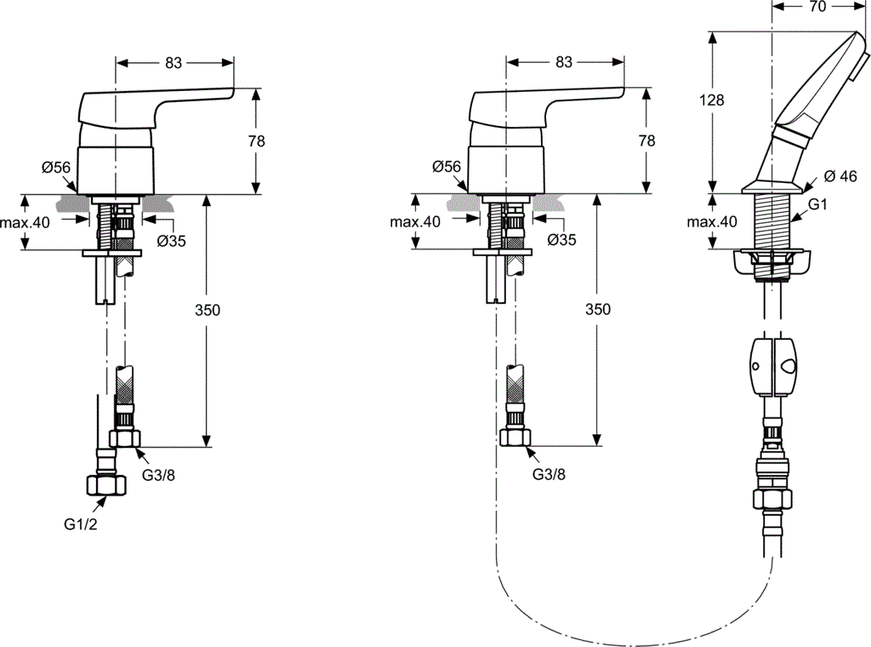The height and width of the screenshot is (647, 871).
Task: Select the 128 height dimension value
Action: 711,100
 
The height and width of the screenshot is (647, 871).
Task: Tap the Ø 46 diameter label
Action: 840,176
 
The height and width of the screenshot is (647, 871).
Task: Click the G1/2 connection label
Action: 81,524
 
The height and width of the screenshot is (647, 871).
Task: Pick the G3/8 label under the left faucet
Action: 159,475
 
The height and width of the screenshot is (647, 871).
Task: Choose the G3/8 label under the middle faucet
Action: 549,474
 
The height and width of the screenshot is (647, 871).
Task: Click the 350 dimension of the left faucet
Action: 208,310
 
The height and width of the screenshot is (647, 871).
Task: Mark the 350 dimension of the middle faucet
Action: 598,309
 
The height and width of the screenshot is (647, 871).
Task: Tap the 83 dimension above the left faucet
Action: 174,63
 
